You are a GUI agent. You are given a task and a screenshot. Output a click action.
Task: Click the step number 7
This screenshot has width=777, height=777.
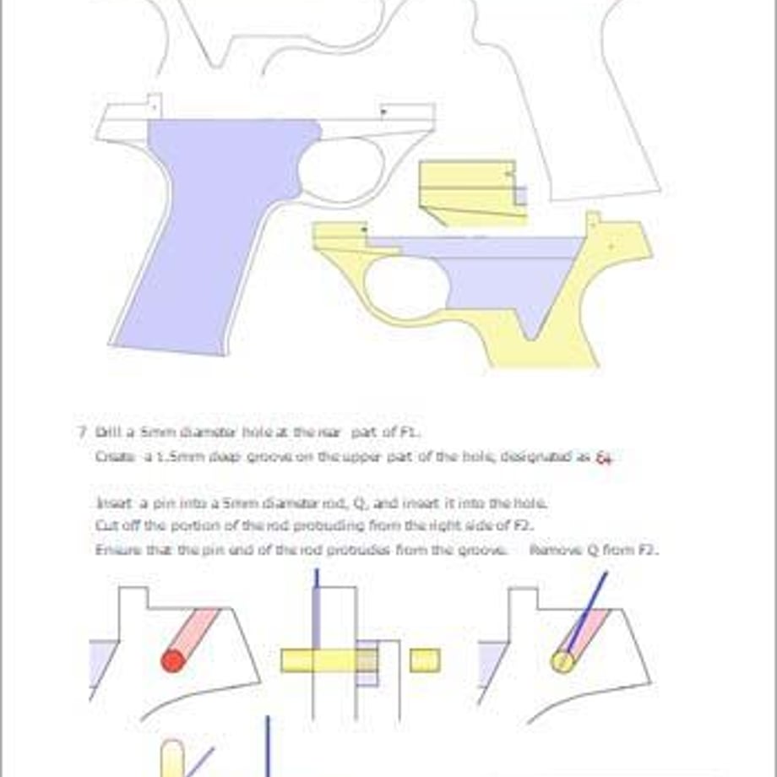(x=83, y=432)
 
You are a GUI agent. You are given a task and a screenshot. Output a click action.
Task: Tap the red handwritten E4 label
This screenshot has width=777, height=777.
(x=603, y=458)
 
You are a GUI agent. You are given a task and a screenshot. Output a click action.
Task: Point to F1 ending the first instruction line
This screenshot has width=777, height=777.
(x=408, y=432)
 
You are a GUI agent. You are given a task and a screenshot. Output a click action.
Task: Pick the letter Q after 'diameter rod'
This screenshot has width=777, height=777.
(x=358, y=503)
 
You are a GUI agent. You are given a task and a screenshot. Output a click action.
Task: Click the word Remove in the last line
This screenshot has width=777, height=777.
(x=554, y=550)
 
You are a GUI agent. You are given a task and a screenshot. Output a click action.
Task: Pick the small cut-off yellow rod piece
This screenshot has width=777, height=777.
(x=425, y=660)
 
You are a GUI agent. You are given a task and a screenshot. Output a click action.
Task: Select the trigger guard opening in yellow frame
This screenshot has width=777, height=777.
(x=405, y=287)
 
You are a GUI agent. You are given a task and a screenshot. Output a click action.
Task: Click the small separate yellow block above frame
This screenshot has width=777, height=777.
(x=469, y=190)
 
